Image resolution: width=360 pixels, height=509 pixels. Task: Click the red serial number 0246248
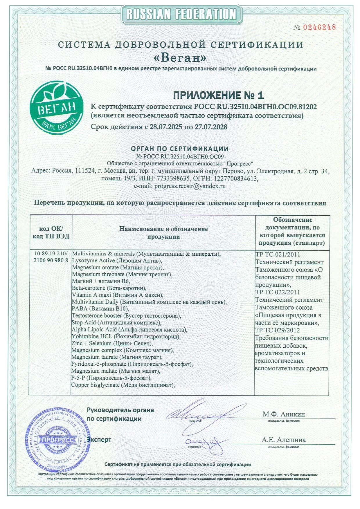click(x=319, y=27)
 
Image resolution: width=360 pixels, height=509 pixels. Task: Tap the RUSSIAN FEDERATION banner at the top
click(x=181, y=14)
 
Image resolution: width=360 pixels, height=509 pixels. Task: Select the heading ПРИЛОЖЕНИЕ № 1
click(x=218, y=95)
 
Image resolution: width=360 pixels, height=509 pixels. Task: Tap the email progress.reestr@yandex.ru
click(x=190, y=186)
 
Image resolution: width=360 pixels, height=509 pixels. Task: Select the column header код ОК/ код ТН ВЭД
click(x=51, y=232)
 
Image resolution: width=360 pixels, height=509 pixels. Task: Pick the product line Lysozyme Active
click(x=117, y=261)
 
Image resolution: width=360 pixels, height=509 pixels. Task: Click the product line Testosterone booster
click(x=126, y=315)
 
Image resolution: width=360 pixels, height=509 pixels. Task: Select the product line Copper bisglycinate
click(x=123, y=385)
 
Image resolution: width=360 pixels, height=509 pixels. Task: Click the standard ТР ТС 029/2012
click(x=277, y=330)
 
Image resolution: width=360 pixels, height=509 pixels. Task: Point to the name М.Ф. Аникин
click(x=284, y=414)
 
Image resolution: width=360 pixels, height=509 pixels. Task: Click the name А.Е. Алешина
click(x=283, y=440)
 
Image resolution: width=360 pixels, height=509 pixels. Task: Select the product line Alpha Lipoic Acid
click(x=129, y=329)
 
